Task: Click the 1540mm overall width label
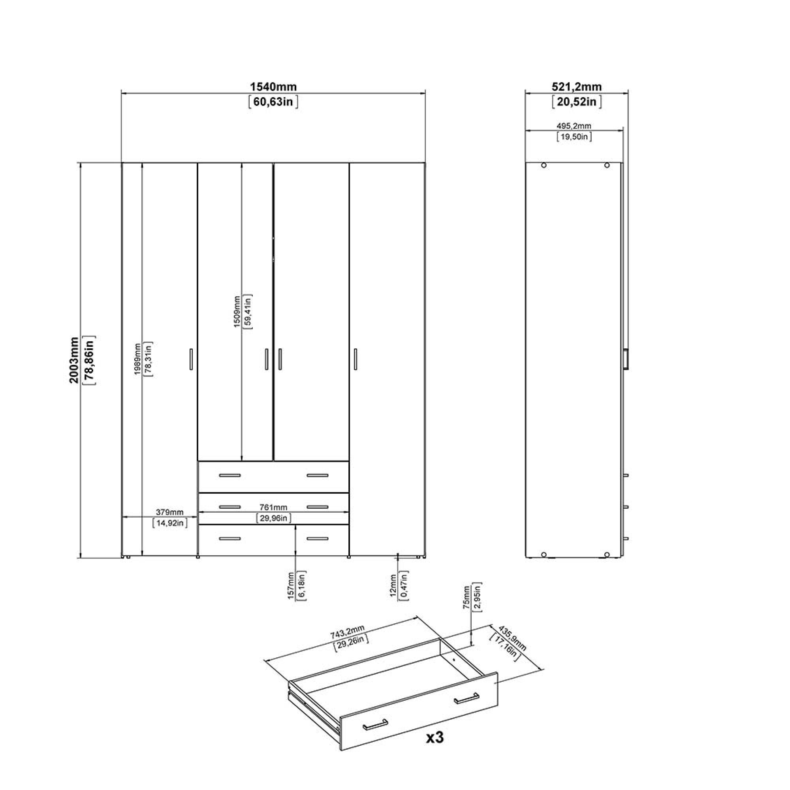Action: point(273,87)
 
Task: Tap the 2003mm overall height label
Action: point(74,360)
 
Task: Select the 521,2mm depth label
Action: point(577,87)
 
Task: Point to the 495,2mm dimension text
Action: point(574,126)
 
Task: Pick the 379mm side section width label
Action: point(170,512)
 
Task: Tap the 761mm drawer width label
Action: point(274,507)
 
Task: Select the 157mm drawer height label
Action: point(291,586)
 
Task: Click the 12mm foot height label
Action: point(393,585)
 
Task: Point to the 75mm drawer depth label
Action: point(466,597)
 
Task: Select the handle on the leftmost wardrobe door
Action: point(191,359)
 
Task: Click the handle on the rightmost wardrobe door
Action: point(355,359)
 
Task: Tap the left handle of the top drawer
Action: point(230,475)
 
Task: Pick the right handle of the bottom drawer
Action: point(318,538)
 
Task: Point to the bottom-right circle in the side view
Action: point(607,555)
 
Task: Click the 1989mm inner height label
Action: point(137,359)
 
